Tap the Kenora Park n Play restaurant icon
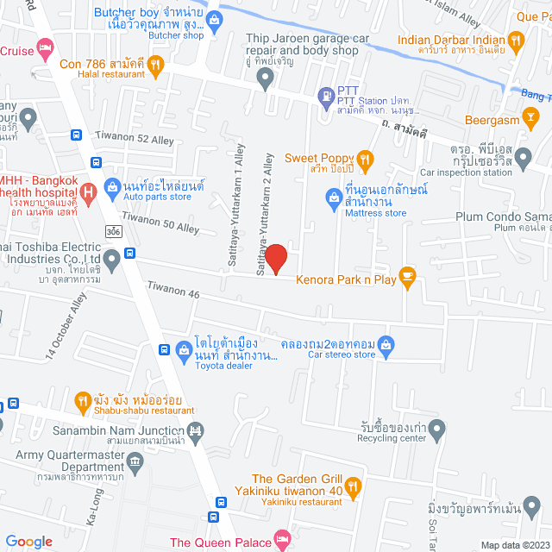408,278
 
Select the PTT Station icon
325,95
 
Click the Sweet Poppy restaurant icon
365,159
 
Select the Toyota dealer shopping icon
184,349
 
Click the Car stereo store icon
387,345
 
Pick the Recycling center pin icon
437,429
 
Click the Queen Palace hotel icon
281,541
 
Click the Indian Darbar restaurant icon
516,39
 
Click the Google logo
28,541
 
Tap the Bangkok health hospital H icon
87,191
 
